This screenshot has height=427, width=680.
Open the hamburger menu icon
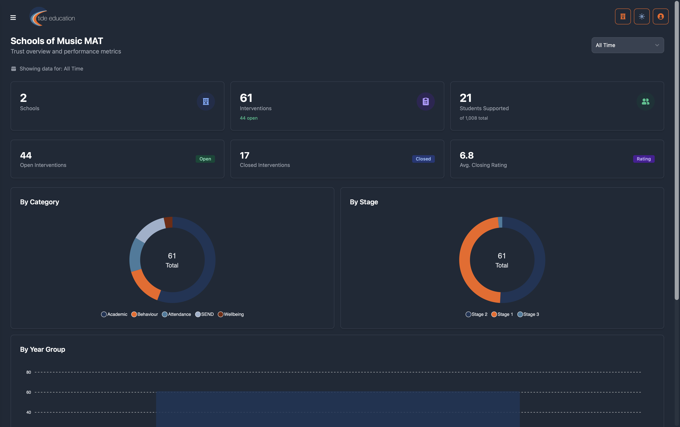(13, 18)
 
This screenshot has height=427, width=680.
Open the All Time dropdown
(627, 45)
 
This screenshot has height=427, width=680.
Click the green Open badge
(205, 159)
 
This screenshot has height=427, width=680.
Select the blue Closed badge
(423, 159)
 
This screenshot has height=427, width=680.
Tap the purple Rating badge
(643, 159)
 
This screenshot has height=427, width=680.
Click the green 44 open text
(248, 118)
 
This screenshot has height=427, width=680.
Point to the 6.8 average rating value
(466, 155)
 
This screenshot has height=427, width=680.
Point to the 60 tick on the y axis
(29, 392)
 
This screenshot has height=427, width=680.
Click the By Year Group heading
(43, 349)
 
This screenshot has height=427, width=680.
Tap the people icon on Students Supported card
(645, 101)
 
